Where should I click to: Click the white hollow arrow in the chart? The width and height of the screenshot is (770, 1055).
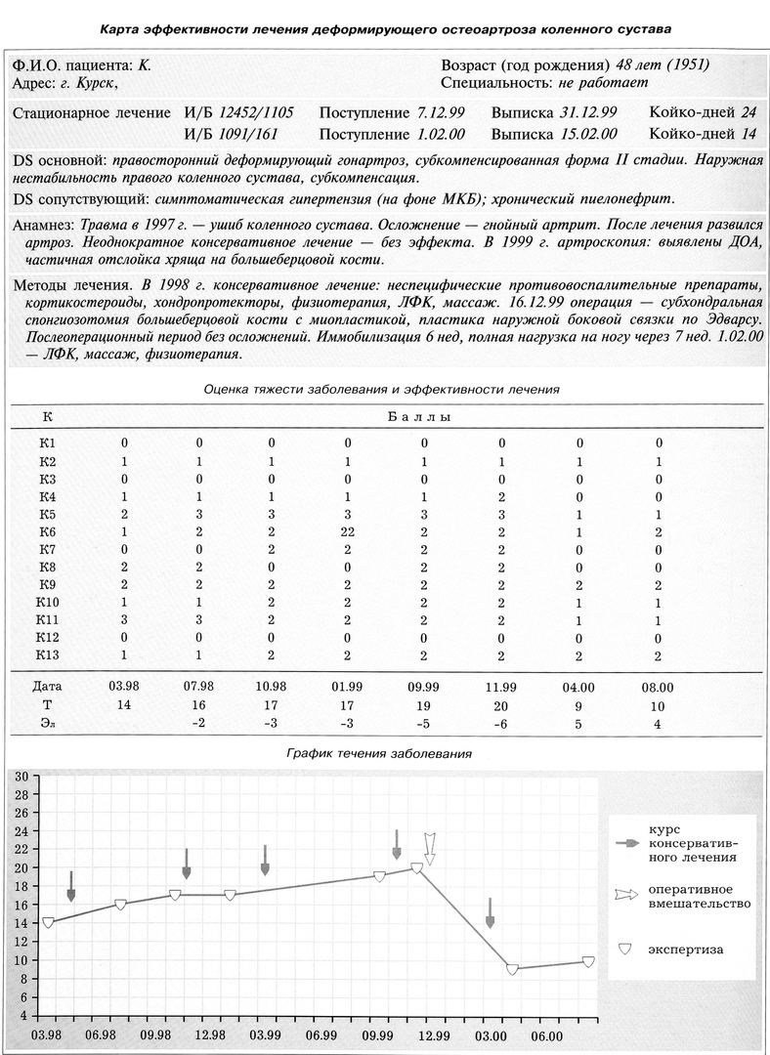(x=429, y=847)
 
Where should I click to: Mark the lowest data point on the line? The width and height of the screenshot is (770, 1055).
(x=512, y=969)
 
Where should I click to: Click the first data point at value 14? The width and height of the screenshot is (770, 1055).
(x=47, y=922)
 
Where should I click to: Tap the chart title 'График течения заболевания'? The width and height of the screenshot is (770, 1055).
(x=379, y=753)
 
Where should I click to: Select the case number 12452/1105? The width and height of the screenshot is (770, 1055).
(x=257, y=112)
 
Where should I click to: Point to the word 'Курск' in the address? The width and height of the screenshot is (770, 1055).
(x=106, y=84)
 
